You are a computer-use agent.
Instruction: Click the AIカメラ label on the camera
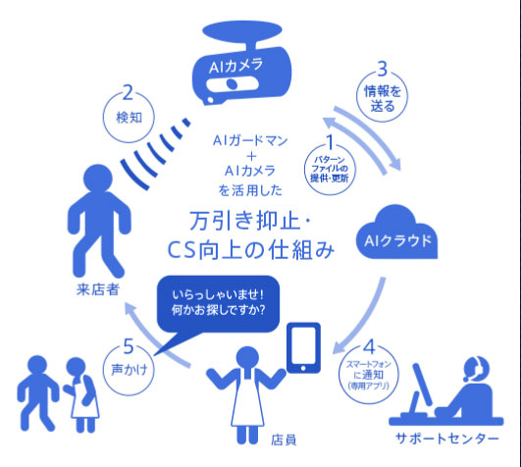point(235,66)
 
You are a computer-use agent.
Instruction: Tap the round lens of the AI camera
point(232,83)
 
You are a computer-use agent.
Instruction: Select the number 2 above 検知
point(128,92)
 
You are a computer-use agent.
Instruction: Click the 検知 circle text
point(129,118)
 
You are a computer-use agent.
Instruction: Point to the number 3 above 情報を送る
point(383,69)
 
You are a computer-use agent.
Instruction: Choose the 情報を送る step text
point(383,99)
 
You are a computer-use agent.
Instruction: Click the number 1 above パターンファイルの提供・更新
point(330,142)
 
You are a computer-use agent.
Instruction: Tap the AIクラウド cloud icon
point(396,233)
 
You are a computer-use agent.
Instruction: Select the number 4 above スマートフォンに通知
point(369,347)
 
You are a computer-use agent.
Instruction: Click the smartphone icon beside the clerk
point(303,347)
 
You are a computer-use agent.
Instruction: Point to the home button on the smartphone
point(303,368)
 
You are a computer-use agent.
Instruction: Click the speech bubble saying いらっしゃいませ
point(218,303)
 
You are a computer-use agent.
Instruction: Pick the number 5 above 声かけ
point(129,346)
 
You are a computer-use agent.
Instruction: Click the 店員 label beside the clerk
point(284,441)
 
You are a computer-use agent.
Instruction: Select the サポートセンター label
point(447,439)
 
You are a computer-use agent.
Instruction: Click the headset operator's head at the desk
point(477,369)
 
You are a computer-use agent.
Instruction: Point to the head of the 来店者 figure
point(98,178)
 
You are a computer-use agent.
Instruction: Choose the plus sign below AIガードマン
point(252,156)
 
